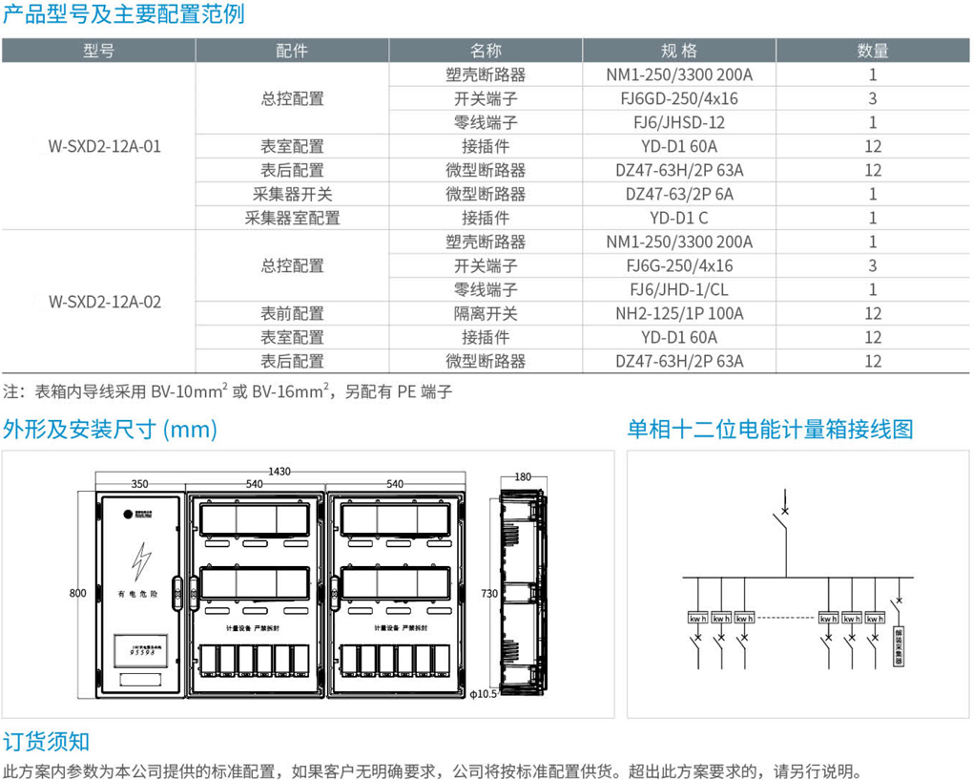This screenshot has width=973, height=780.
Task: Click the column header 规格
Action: [679, 51]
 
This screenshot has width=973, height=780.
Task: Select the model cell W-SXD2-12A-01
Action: [105, 146]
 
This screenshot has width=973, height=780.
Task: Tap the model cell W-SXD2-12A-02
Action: [105, 302]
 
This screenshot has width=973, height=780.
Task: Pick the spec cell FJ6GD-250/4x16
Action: [679, 98]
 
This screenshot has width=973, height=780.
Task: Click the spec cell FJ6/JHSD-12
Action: [679, 122]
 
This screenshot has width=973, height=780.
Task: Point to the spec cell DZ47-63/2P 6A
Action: [679, 194]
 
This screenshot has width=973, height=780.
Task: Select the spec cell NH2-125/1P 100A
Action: [679, 313]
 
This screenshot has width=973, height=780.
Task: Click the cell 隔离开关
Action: [486, 313]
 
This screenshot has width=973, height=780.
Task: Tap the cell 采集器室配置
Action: [292, 218]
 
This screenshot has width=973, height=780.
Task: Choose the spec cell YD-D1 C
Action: [679, 218]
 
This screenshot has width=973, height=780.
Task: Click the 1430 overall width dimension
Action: [279, 471]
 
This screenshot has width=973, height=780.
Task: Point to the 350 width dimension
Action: [139, 484]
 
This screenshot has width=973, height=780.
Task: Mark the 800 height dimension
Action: [77, 593]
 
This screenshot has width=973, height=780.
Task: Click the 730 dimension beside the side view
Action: [488, 594]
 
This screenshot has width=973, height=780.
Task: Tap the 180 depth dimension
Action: [522, 476]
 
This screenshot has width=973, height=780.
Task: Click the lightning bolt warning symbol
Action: [141, 560]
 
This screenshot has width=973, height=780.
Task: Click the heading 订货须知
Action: [46, 742]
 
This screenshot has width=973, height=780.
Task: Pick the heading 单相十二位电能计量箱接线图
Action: [770, 429]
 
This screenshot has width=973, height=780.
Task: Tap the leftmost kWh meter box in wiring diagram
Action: [697, 618]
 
